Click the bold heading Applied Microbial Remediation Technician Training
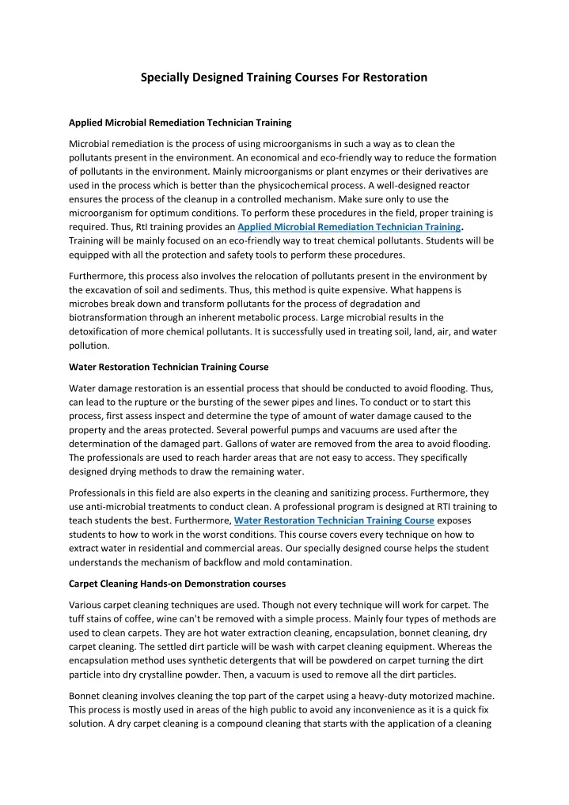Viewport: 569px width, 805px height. pyautogui.click(x=180, y=123)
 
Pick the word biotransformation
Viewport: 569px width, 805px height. pyautogui.click(x=117, y=318)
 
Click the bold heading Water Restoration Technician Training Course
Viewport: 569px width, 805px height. pyautogui.click(x=169, y=367)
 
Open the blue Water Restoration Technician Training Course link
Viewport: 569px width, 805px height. pyautogui.click(x=335, y=520)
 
